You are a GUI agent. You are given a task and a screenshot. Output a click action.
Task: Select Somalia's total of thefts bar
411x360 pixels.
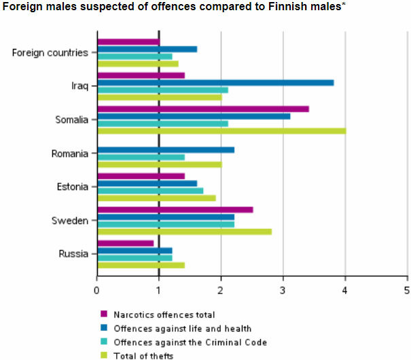tap(221, 130)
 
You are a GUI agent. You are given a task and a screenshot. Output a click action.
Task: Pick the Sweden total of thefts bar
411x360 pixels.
tap(184, 232)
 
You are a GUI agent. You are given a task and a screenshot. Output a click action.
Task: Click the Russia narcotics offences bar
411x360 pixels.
tap(126, 243)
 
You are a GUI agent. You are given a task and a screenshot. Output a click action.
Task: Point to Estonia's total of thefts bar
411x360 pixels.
tap(156, 198)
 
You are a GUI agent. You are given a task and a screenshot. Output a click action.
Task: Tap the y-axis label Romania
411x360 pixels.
tap(70, 154)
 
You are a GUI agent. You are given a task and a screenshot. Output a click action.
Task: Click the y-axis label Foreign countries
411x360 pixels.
tap(50, 52)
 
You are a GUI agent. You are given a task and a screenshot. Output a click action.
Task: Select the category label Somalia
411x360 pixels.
tap(71, 120)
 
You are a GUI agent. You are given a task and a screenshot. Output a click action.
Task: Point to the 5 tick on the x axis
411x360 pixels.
tap(407, 290)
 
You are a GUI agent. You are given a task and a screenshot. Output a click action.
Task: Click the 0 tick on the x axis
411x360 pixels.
tap(97, 290)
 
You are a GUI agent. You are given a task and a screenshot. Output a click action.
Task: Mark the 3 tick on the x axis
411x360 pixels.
tap(283, 290)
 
